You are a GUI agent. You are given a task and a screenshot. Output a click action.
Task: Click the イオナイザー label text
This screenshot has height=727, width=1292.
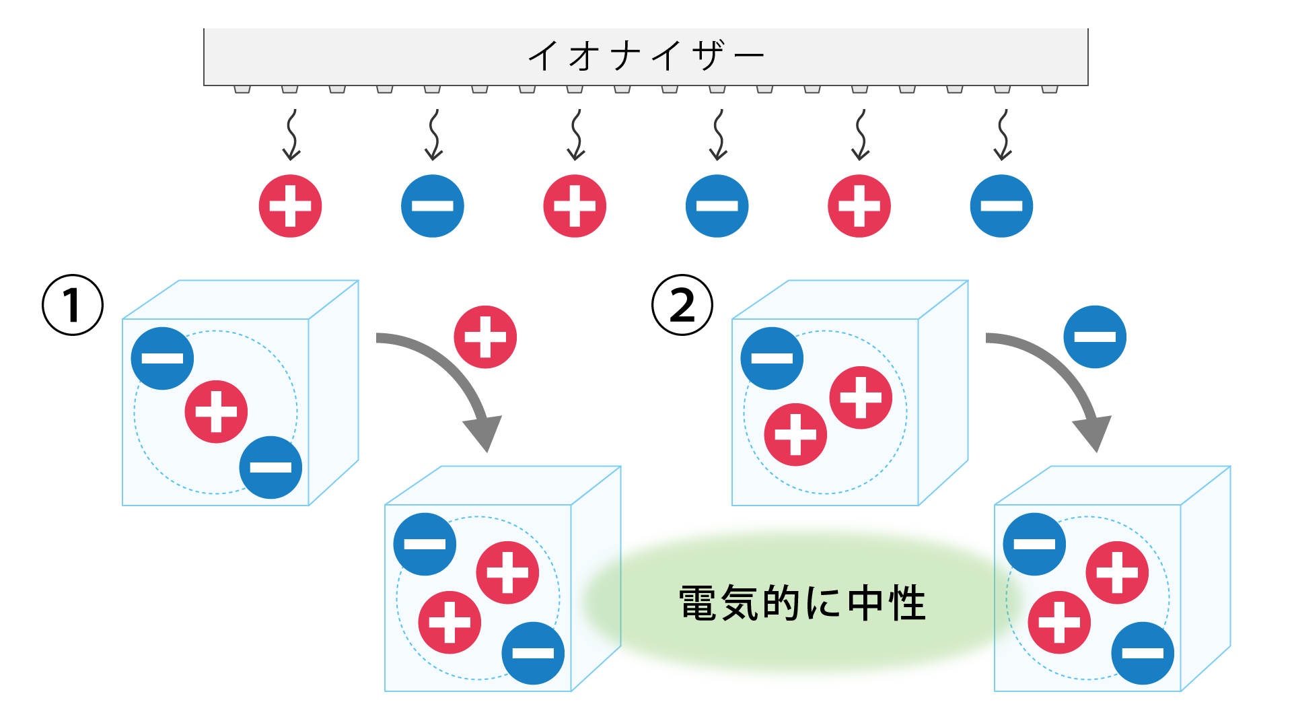coord(646,55)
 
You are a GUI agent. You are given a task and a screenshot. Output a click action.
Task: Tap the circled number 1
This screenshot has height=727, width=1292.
coord(73,305)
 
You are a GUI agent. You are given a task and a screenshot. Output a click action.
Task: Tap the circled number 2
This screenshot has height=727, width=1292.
coord(682,305)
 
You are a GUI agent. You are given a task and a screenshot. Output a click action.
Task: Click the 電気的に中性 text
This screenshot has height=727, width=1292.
coord(802,602)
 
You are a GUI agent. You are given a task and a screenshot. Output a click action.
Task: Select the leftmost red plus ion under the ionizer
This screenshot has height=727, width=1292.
coord(290,206)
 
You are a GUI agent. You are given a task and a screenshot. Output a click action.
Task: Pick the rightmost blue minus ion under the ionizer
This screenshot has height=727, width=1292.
coord(1001,206)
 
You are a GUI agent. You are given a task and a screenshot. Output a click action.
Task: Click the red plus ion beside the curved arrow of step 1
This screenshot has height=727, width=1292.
coord(485,337)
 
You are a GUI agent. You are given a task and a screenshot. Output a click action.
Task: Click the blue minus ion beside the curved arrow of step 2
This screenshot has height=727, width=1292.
coord(1095,337)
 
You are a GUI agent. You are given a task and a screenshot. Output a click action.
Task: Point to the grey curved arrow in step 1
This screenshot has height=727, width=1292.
coord(451,377)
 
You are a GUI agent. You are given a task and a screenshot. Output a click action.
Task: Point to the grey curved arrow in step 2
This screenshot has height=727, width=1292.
coord(1061,377)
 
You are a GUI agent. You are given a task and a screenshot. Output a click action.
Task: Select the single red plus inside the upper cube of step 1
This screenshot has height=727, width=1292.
coord(216,411)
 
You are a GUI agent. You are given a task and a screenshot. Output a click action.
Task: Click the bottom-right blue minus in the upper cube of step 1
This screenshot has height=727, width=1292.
coord(271,467)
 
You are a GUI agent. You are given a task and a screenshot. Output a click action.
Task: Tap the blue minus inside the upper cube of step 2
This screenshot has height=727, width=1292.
coord(772,358)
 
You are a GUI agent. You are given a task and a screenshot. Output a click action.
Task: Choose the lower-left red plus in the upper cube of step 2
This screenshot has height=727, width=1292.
coord(795,434)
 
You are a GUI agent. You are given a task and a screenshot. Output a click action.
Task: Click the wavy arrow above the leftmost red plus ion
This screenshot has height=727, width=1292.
coord(291,135)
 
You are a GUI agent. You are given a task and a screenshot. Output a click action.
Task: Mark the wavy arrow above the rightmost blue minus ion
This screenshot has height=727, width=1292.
coord(1003,135)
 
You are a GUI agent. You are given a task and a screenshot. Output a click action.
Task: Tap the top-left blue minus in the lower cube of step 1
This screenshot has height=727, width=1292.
coord(425,544)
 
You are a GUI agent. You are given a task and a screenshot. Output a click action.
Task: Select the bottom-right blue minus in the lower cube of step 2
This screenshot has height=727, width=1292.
coord(1143,653)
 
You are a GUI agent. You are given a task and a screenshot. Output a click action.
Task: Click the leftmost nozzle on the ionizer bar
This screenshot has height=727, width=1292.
coord(242,89)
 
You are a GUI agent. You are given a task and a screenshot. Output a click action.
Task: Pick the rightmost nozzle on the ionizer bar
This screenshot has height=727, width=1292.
coord(1050,89)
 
